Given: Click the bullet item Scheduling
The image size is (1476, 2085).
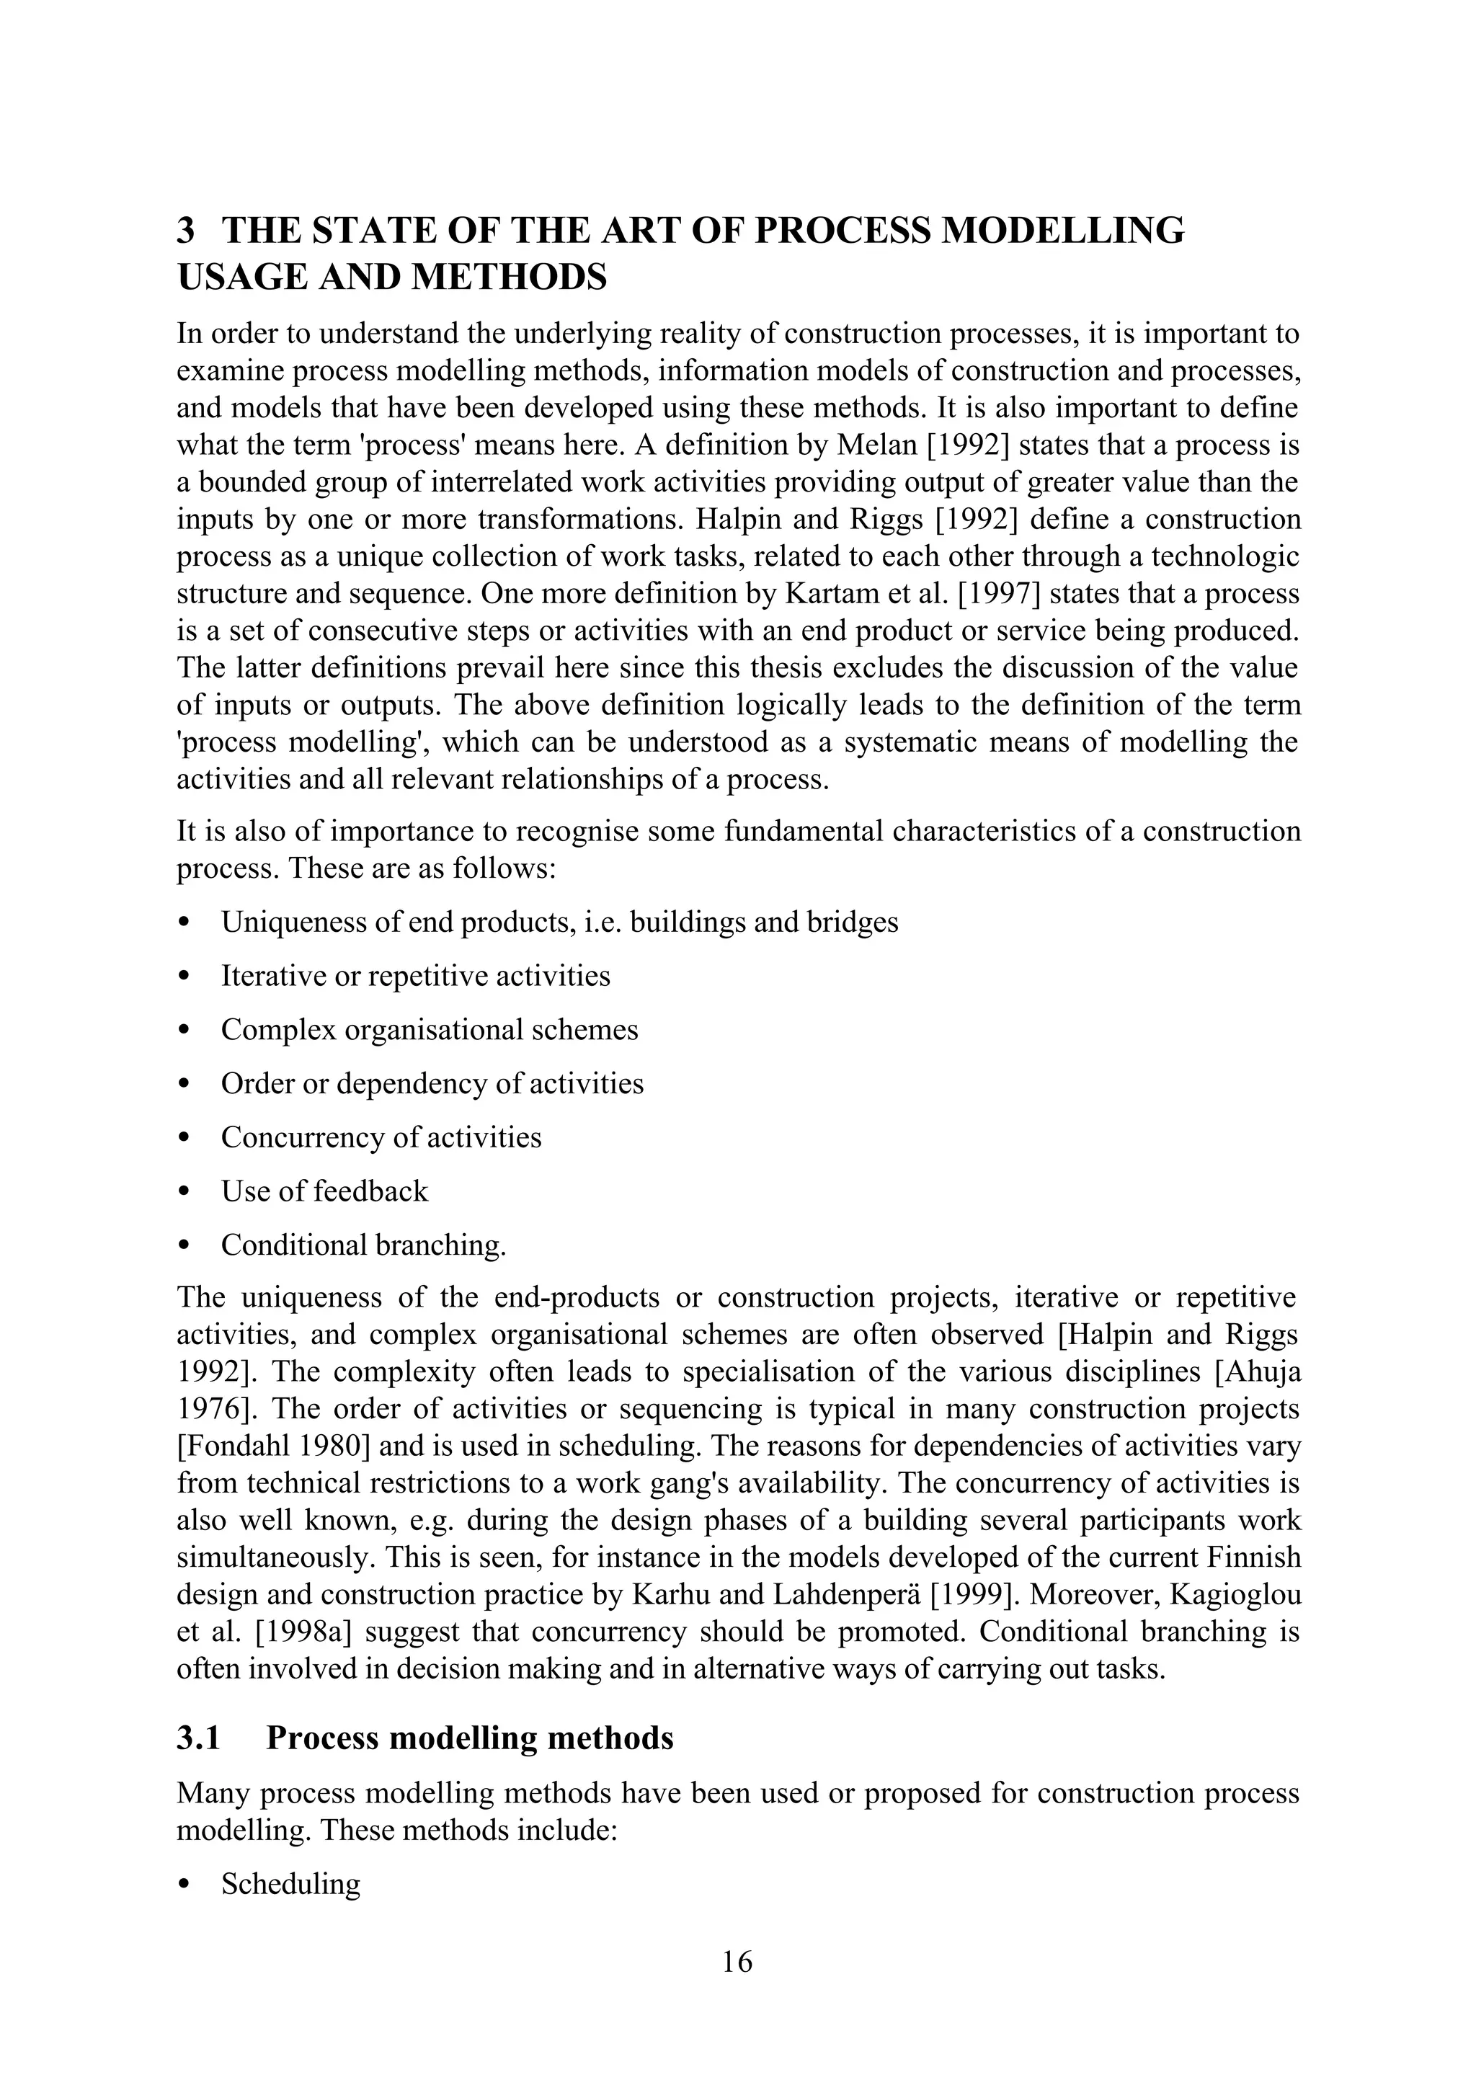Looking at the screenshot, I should [291, 1884].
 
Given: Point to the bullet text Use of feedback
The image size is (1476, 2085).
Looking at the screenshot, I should [324, 1191].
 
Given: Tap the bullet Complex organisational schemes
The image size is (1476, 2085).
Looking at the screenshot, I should [429, 1030].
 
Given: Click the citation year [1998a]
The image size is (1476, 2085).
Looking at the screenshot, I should [303, 1632].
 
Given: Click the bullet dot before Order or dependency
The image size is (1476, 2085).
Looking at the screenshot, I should [184, 1085].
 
